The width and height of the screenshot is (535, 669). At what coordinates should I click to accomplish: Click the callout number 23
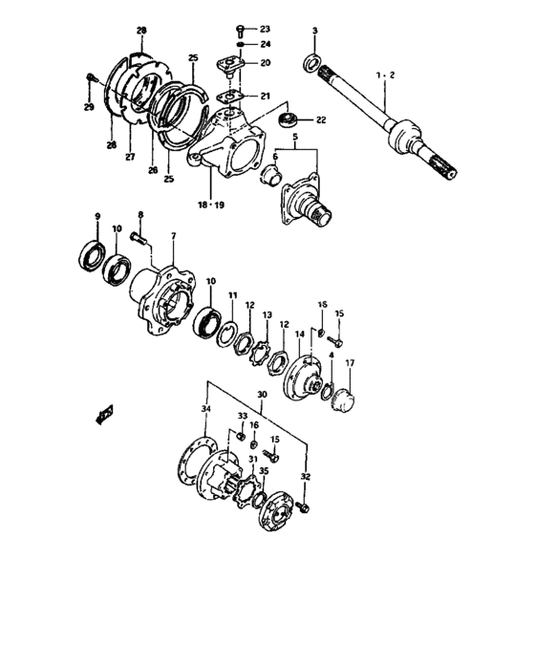click(265, 29)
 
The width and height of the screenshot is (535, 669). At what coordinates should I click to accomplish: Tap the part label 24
click(265, 44)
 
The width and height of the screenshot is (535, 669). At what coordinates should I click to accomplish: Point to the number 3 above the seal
click(314, 34)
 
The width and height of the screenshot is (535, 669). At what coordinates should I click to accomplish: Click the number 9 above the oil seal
click(96, 216)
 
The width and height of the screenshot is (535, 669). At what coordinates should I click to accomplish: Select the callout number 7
click(173, 235)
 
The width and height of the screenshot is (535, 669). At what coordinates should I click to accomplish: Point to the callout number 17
click(350, 363)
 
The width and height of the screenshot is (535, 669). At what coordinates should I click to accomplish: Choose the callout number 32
click(305, 475)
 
